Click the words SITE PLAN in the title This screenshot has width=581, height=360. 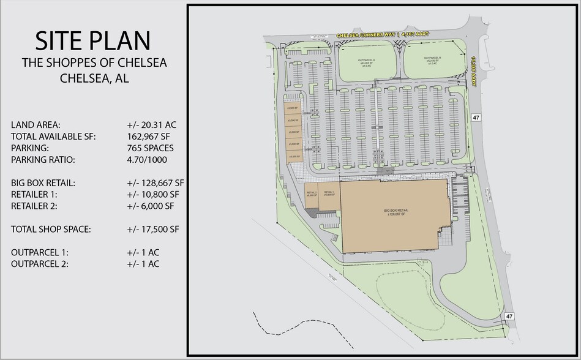92,40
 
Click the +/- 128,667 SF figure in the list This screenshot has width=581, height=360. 154,182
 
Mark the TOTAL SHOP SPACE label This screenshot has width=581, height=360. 51,230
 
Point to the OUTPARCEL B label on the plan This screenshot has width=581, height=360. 432,60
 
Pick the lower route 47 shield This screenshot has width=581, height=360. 509,315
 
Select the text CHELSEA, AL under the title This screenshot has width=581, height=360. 94,78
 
